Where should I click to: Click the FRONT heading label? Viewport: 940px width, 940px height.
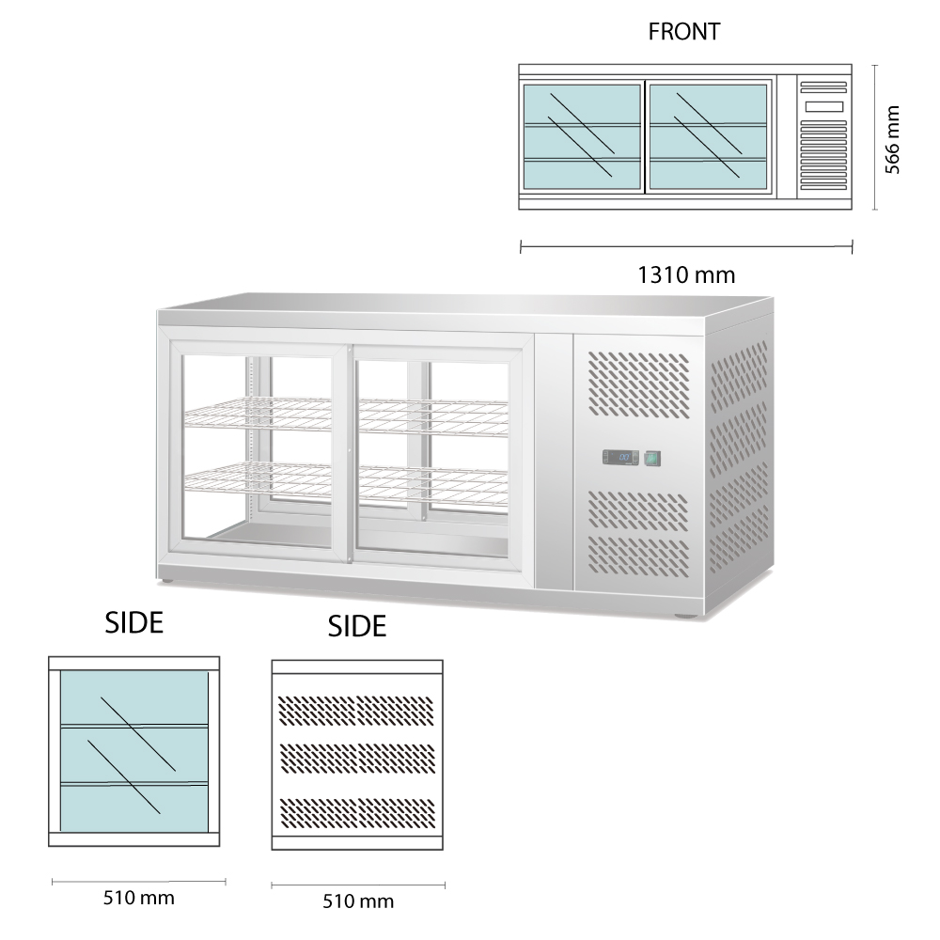[x=683, y=31]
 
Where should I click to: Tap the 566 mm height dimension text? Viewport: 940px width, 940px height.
[x=894, y=138]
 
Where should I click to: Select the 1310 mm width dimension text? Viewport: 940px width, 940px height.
[x=686, y=275]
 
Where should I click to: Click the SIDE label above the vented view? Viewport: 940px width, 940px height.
[x=357, y=626]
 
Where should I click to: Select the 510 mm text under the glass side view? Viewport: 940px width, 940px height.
[x=138, y=897]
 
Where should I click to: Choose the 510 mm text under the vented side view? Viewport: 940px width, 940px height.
[x=357, y=901]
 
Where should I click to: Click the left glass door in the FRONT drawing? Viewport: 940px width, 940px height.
[x=582, y=136]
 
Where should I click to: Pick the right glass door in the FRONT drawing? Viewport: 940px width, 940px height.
[x=708, y=136]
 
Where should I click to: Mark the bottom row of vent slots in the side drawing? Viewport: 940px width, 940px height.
[x=358, y=809]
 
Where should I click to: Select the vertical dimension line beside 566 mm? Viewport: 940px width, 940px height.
[x=876, y=137]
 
